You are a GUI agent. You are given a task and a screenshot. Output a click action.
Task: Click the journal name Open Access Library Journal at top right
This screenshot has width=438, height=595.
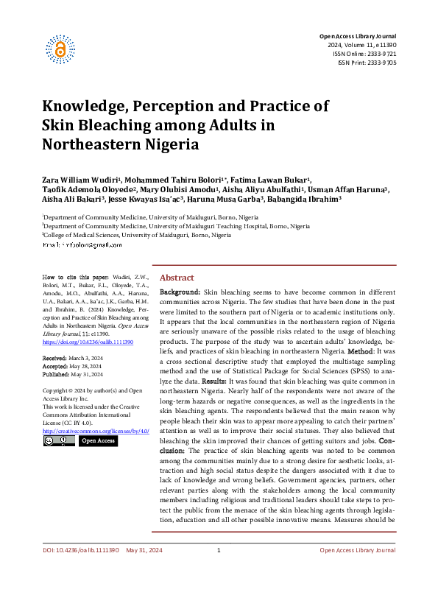click(x=357, y=36)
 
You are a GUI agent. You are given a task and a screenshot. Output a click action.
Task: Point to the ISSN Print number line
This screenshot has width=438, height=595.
click(x=367, y=63)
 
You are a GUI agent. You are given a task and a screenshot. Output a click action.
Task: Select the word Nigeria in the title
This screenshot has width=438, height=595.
click(x=171, y=144)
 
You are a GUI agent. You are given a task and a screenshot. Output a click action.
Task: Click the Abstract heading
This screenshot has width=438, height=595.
click(x=177, y=278)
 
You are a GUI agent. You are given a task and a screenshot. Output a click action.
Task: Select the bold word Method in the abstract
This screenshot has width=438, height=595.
click(x=361, y=351)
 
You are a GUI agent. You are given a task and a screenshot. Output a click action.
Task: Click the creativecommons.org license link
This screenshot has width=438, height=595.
click(x=96, y=430)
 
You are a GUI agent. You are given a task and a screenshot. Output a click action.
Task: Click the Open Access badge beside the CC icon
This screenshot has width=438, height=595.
click(x=98, y=440)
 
